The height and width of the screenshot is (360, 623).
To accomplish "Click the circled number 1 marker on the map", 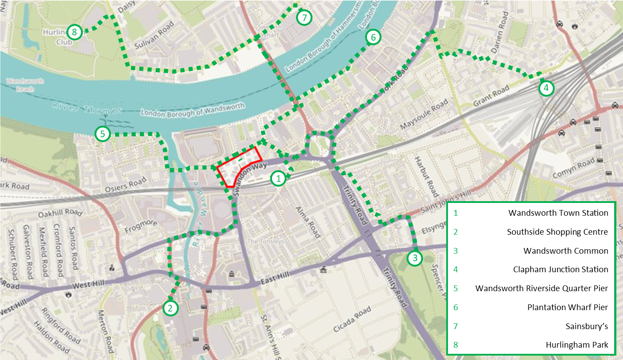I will [x=278, y=178].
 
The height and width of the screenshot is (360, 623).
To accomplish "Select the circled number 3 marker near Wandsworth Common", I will [x=414, y=259].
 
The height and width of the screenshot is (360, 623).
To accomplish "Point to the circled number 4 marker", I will [x=546, y=88].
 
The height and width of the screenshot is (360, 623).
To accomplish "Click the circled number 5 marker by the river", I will [x=102, y=134].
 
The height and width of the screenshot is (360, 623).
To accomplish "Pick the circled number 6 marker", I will [x=373, y=37].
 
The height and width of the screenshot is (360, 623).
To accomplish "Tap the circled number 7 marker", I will [x=304, y=18].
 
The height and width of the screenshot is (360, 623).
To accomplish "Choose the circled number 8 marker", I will [x=74, y=32].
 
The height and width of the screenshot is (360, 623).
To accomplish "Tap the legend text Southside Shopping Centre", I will [x=557, y=232].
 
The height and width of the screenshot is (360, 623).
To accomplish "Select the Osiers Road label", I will [x=125, y=185].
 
